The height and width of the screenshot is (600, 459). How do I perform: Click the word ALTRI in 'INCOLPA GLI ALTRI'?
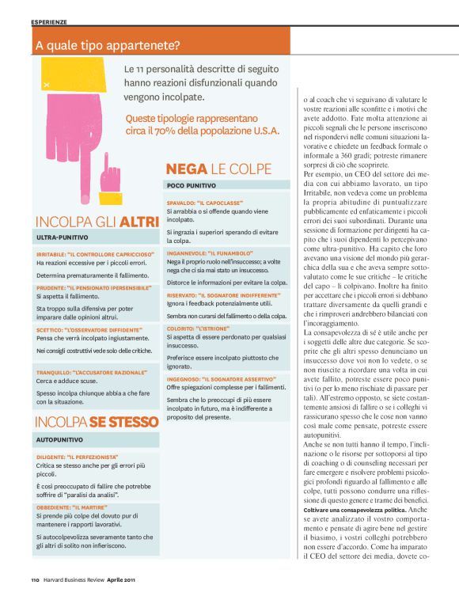[x=138, y=223]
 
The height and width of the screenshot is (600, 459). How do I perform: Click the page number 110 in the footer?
[x=36, y=579]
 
